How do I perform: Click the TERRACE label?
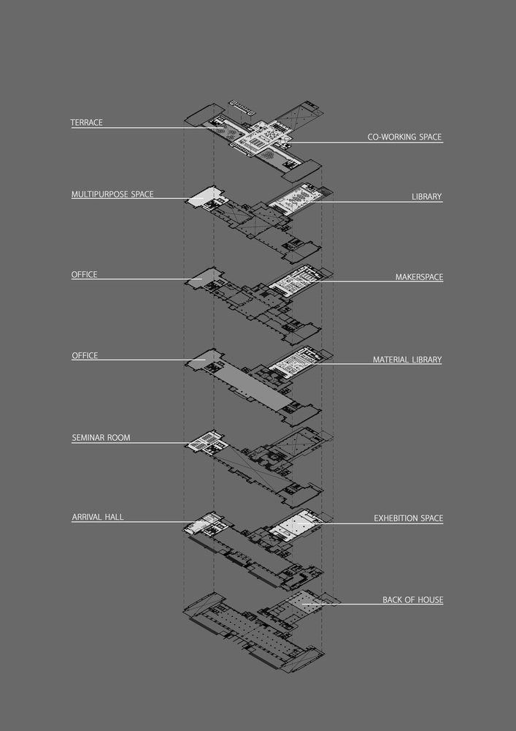click(x=87, y=123)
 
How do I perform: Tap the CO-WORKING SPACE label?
click(x=404, y=137)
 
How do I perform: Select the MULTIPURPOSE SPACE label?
click(x=112, y=194)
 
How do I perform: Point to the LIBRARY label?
click(x=427, y=197)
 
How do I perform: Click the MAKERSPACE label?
click(x=419, y=277)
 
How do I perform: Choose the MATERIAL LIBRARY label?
click(x=407, y=360)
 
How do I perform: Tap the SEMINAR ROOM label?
click(x=101, y=438)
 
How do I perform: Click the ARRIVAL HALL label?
click(x=98, y=517)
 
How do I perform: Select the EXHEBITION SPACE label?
click(x=409, y=518)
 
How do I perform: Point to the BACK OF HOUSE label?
click(x=412, y=600)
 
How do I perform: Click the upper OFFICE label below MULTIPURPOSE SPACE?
click(x=84, y=275)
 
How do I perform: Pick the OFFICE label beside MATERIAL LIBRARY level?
click(x=85, y=356)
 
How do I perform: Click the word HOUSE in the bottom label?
click(x=431, y=600)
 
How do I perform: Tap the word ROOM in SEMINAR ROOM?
click(x=119, y=438)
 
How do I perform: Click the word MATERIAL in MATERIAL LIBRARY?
click(x=391, y=360)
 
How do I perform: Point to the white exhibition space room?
click(x=296, y=526)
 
